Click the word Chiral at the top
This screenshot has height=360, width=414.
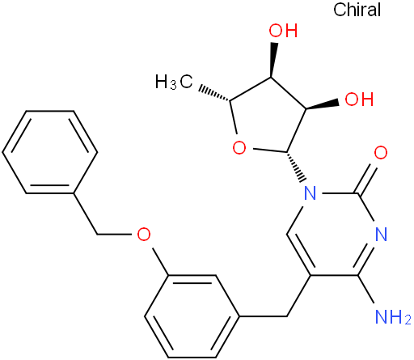coord(357,10)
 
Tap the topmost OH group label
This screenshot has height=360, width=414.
coord(283,30)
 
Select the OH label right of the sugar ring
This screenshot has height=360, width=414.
coord(359,99)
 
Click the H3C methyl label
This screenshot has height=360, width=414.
coord(174,82)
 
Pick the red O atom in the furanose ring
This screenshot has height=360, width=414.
coord(239,148)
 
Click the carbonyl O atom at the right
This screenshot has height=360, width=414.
coord(381,152)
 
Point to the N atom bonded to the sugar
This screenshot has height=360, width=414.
coord(310,193)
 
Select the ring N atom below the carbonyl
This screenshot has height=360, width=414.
coord(381,234)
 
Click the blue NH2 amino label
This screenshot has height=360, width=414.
coord(393,316)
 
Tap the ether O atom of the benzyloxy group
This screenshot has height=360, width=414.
coord(144,234)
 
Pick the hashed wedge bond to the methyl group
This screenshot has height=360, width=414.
coord(214,94)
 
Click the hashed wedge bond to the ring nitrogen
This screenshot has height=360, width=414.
coord(296,167)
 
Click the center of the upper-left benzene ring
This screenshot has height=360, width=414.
coord(50,152)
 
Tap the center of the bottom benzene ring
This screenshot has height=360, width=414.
coord(192,316)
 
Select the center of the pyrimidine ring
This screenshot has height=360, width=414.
coord(334,234)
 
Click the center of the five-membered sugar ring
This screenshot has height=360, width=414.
coord(268,116)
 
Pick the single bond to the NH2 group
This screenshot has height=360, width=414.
coord(366,290)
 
